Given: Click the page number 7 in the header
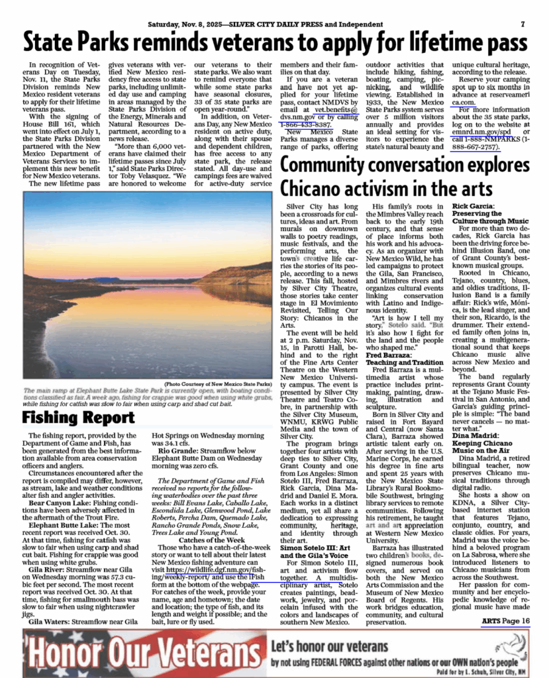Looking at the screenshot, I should pos(522,24).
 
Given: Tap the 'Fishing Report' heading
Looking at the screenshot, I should pos(78,418).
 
